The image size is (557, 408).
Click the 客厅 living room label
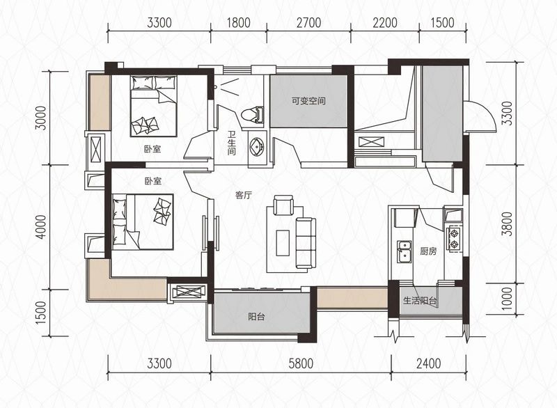click(x=243, y=195)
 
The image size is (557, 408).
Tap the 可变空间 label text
click(x=308, y=101)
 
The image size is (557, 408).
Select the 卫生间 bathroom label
click(x=232, y=143)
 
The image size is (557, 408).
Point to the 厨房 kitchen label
click(x=427, y=251)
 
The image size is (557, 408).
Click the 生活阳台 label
click(x=420, y=301)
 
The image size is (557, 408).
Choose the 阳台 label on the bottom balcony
click(x=256, y=316)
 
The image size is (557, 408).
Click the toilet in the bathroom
click(x=252, y=115)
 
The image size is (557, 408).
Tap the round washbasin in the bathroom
click(x=257, y=146)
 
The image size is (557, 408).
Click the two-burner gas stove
click(x=454, y=239)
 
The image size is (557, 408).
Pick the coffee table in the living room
click(x=283, y=243)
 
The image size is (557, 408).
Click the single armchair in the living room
click(x=283, y=205)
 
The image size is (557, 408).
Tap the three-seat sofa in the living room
click(x=306, y=243)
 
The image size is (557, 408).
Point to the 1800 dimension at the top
click(x=238, y=23)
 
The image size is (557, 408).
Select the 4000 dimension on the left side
click(x=42, y=226)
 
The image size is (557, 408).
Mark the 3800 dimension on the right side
click(x=508, y=223)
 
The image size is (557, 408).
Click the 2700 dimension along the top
click(x=308, y=23)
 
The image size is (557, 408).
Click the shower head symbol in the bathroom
click(x=215, y=86)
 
